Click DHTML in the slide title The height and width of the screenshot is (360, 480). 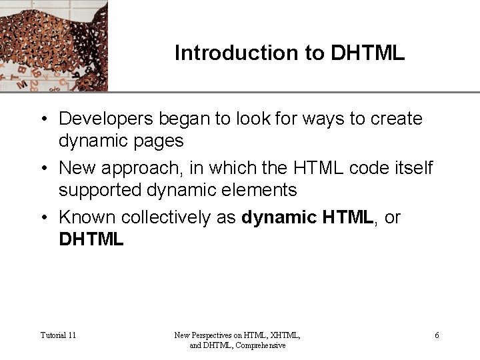(367, 53)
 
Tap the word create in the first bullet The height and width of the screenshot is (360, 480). (398, 119)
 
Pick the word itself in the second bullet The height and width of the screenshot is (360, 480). (413, 168)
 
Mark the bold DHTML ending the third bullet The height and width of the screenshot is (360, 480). (91, 239)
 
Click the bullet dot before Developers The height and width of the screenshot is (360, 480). (43, 119)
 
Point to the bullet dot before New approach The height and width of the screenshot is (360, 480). (43, 169)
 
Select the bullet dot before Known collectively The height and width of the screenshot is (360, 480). (43, 218)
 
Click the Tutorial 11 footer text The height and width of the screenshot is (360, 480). (58, 335)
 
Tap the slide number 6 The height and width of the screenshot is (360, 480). (437, 335)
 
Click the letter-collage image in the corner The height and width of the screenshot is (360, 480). (53, 45)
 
